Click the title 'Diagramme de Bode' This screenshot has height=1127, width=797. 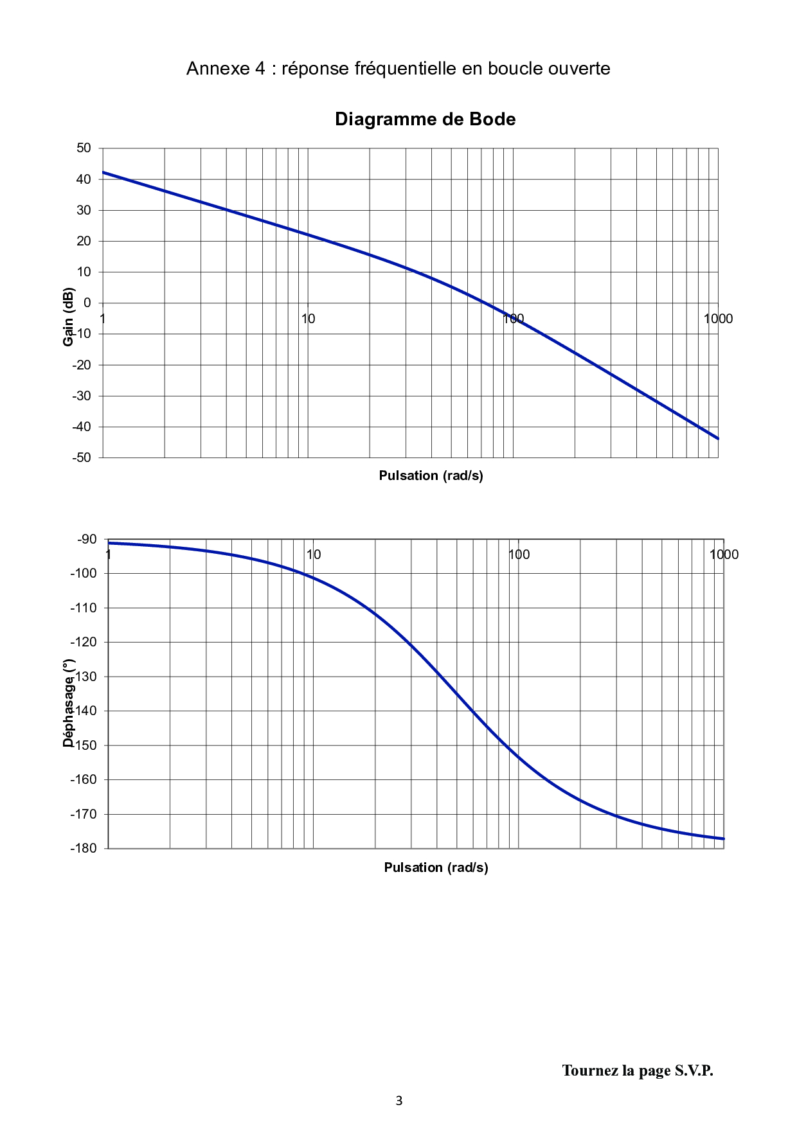[425, 120]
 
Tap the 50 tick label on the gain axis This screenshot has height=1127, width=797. [84, 148]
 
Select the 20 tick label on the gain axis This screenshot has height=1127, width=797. [84, 241]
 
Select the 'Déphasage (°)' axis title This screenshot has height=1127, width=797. [69, 703]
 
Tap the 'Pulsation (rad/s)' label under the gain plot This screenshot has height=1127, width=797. [431, 475]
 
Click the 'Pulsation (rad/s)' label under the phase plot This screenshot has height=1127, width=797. [436, 867]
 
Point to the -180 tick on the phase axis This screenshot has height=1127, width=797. [84, 848]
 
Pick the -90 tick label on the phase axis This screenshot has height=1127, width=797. [87, 539]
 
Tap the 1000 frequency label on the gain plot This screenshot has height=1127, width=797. [718, 319]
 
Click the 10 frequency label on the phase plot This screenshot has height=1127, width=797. [314, 555]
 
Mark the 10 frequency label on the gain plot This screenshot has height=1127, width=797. [308, 319]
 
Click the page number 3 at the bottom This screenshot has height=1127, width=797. [398, 1101]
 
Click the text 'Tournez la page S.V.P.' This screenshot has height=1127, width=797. [638, 1070]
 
